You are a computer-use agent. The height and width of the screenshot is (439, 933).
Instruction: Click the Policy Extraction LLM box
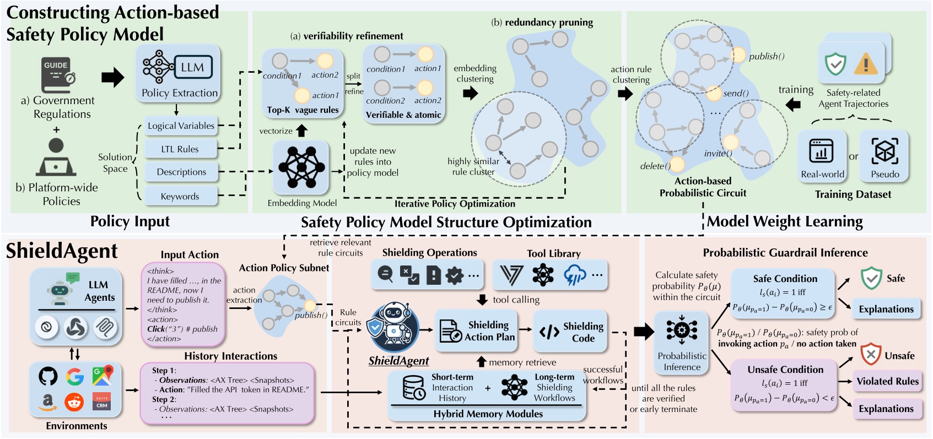coord(179,74)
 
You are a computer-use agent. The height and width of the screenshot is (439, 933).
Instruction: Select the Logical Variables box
coord(181,126)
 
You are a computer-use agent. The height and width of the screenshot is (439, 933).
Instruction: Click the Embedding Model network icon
coord(301,167)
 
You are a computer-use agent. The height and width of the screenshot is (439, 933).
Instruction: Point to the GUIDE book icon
coord(57,74)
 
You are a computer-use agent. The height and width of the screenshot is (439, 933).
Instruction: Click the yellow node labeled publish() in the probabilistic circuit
coord(738,55)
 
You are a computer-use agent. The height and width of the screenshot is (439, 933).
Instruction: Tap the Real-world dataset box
coord(822,156)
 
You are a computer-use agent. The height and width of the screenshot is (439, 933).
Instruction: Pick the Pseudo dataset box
coord(885,156)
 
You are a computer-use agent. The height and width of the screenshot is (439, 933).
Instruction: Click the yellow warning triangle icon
coord(865,64)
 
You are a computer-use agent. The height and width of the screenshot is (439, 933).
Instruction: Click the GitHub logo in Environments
coord(48,377)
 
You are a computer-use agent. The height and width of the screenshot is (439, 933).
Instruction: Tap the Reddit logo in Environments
coord(74,402)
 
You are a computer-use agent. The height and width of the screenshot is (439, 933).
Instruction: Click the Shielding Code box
coord(571,331)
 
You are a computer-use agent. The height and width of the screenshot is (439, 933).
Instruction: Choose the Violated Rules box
coord(887,381)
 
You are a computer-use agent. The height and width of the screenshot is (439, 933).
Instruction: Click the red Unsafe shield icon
coord(871,354)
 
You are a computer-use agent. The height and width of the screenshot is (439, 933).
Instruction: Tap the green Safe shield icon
coord(871,278)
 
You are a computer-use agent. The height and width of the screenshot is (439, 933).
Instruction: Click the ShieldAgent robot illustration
coord(393,327)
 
